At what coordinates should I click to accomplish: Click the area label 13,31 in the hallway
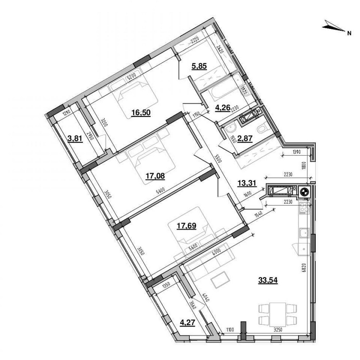(x=247, y=183)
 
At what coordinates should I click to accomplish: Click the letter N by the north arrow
(x=348, y=33)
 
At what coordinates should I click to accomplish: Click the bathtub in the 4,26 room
(x=226, y=93)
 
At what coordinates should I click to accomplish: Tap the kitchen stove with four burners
(x=305, y=208)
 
